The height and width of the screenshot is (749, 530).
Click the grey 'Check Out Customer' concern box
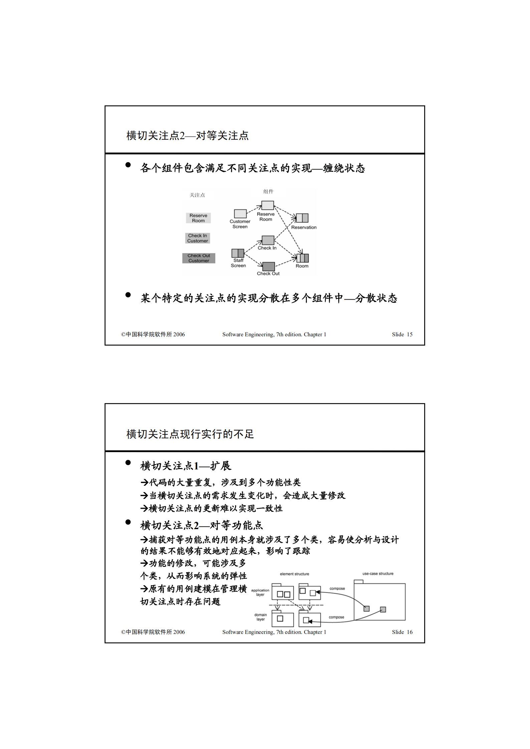pos(199,258)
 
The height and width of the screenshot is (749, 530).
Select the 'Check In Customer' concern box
pos(197,238)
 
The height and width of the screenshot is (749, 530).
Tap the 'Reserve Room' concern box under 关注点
pos(198,218)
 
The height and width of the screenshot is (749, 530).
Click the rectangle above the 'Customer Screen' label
pos(240,214)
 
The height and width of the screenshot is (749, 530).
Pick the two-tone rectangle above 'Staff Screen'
pos(238,253)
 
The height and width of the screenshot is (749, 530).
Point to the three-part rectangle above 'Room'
pos(302,258)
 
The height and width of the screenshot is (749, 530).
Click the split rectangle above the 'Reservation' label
pos(302,218)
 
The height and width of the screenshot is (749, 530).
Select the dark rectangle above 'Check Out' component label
pos(269,266)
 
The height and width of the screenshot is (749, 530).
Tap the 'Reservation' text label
pos(304,228)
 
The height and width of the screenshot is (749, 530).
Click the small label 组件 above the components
pos(268,192)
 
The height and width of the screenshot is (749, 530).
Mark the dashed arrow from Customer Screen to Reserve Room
pos(254,209)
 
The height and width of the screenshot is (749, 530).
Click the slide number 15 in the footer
pos(409,334)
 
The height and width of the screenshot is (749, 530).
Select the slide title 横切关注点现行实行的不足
pos(190,434)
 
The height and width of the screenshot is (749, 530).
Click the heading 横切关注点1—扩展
pos(186,466)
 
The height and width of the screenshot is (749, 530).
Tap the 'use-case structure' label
pos(378,574)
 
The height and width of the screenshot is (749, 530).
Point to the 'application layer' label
pos(260,592)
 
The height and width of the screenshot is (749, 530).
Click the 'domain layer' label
pos(260,617)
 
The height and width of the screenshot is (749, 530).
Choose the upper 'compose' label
pos(337,589)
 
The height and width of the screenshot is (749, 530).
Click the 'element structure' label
pos(294,574)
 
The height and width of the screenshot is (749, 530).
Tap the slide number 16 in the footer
pos(409,632)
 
